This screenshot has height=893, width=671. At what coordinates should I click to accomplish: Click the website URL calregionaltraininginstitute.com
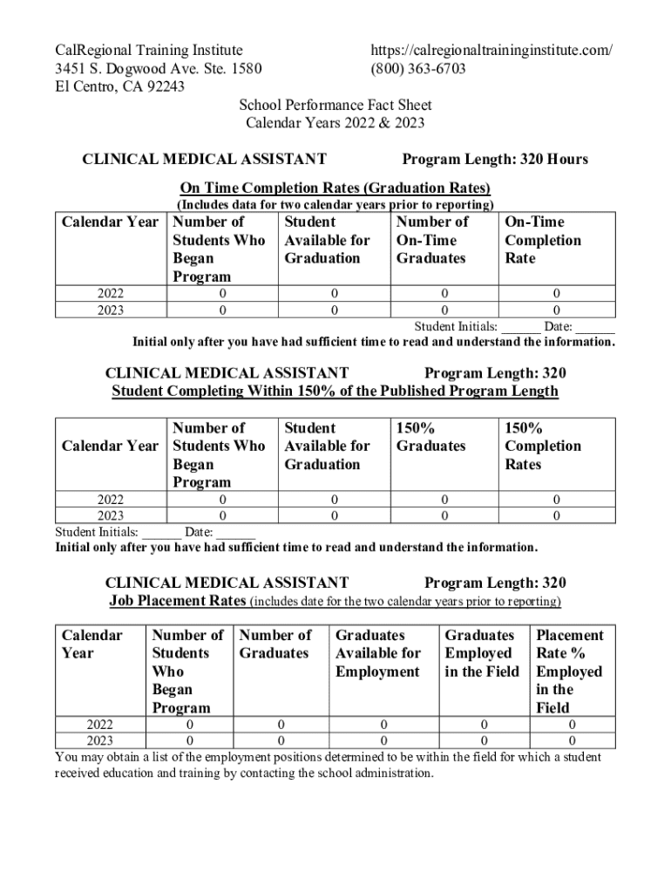click(491, 51)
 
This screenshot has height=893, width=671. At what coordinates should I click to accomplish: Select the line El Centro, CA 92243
click(120, 86)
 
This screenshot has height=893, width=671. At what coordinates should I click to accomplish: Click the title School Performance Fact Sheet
click(335, 106)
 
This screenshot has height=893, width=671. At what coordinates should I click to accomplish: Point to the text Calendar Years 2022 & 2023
click(335, 123)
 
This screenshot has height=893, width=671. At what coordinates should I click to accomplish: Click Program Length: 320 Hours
click(495, 159)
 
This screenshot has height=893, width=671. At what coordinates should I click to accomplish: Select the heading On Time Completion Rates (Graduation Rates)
click(335, 187)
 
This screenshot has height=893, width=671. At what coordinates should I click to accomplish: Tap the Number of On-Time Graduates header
click(432, 240)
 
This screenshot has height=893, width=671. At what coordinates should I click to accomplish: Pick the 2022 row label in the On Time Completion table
click(110, 294)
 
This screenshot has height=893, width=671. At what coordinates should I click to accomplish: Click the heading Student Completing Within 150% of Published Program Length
click(335, 391)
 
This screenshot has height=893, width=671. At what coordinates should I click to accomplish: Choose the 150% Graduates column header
click(431, 437)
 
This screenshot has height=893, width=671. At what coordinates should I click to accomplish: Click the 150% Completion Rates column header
click(543, 446)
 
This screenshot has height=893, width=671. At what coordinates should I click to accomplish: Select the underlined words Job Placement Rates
click(178, 602)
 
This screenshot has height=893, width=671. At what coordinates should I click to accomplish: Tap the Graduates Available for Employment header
click(378, 653)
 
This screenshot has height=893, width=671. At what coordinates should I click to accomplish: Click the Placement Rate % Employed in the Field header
click(569, 671)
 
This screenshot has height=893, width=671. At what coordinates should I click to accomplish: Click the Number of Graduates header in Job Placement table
click(275, 644)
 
